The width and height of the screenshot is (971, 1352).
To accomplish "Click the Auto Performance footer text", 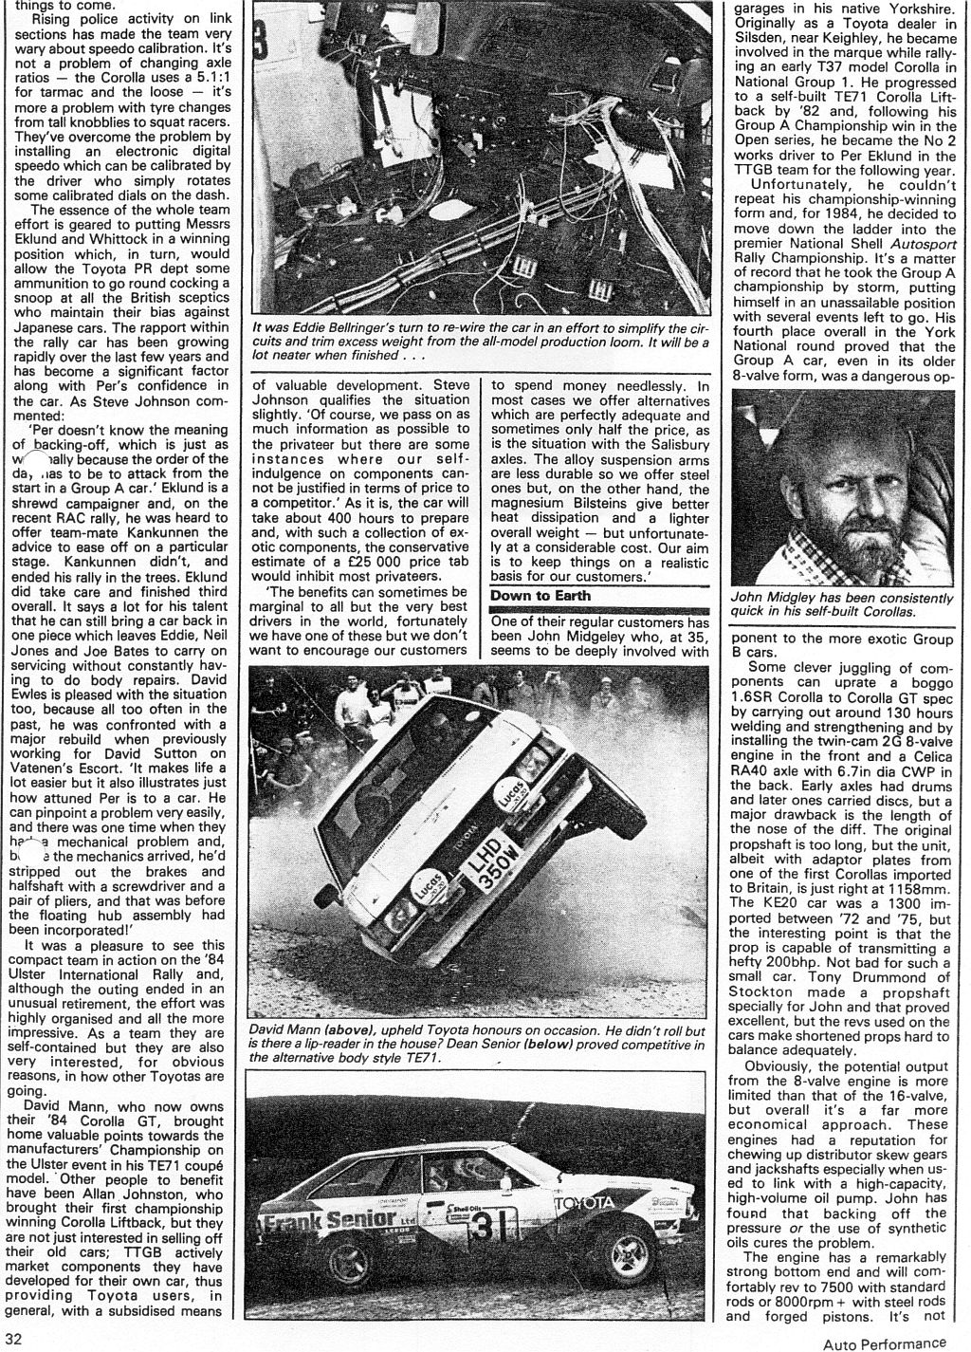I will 884,1343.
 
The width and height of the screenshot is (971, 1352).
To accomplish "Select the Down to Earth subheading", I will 540,596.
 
